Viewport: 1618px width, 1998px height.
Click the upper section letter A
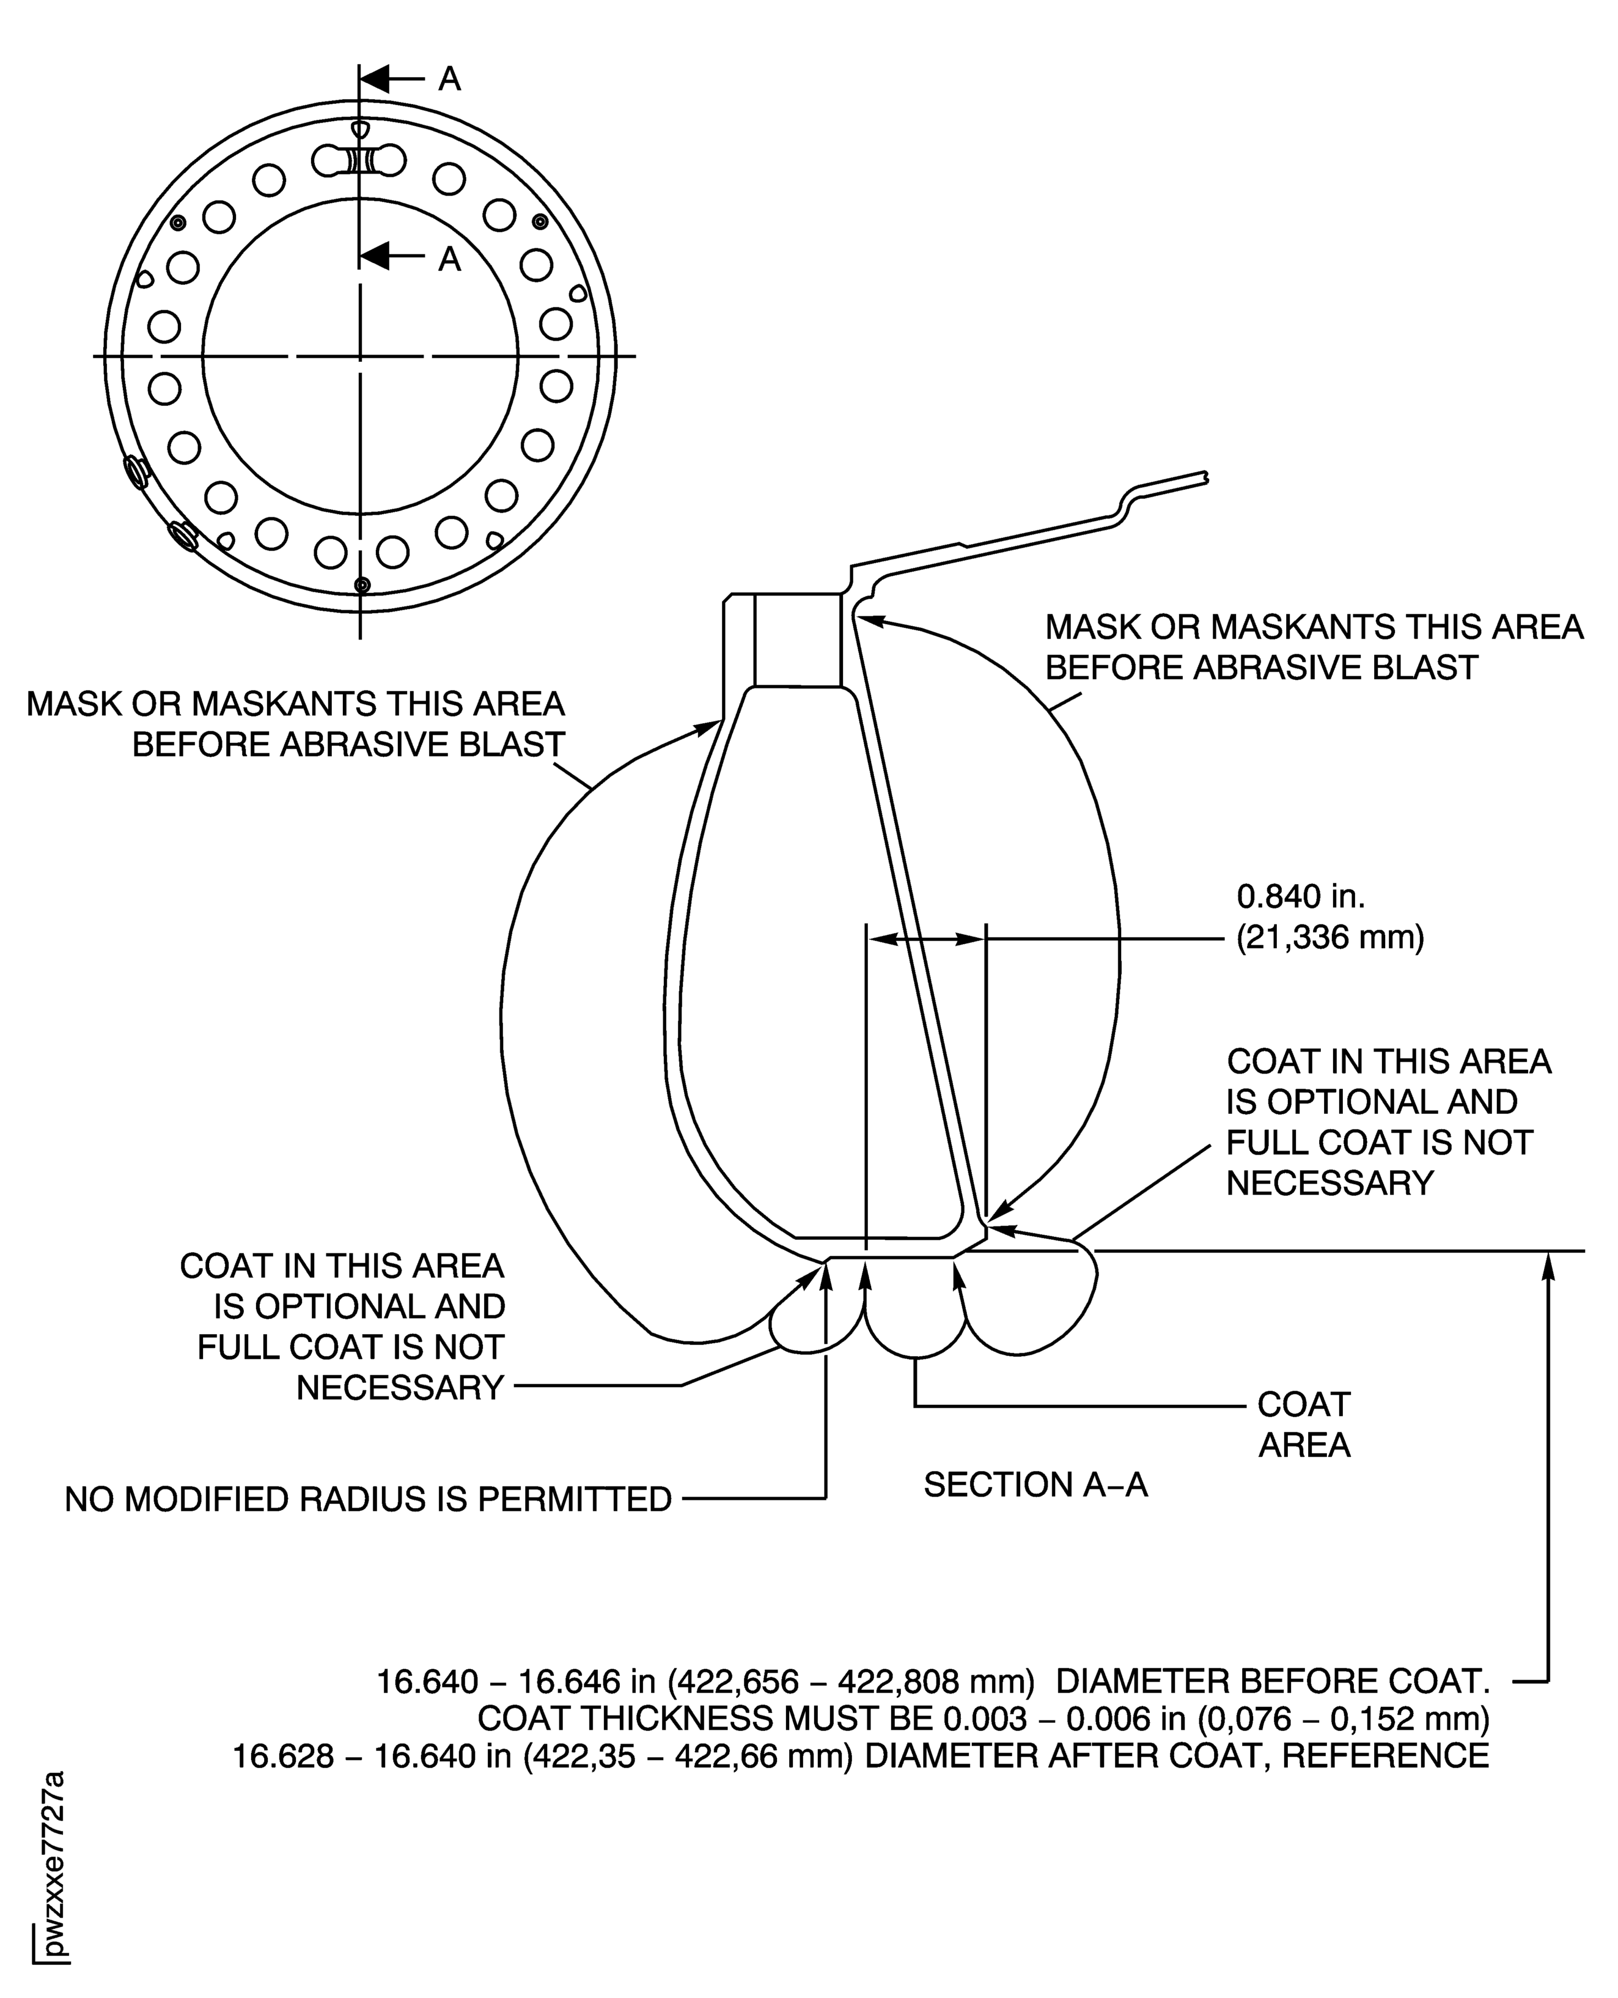[449, 80]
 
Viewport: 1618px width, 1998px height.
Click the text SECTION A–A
[1034, 1484]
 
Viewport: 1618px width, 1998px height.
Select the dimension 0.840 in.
[1300, 897]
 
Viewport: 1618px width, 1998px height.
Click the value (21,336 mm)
[1330, 937]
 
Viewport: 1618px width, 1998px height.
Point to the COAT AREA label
[1303, 1424]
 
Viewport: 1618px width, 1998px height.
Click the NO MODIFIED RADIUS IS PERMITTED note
[368, 1499]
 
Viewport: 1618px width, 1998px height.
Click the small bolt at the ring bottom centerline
[362, 584]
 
